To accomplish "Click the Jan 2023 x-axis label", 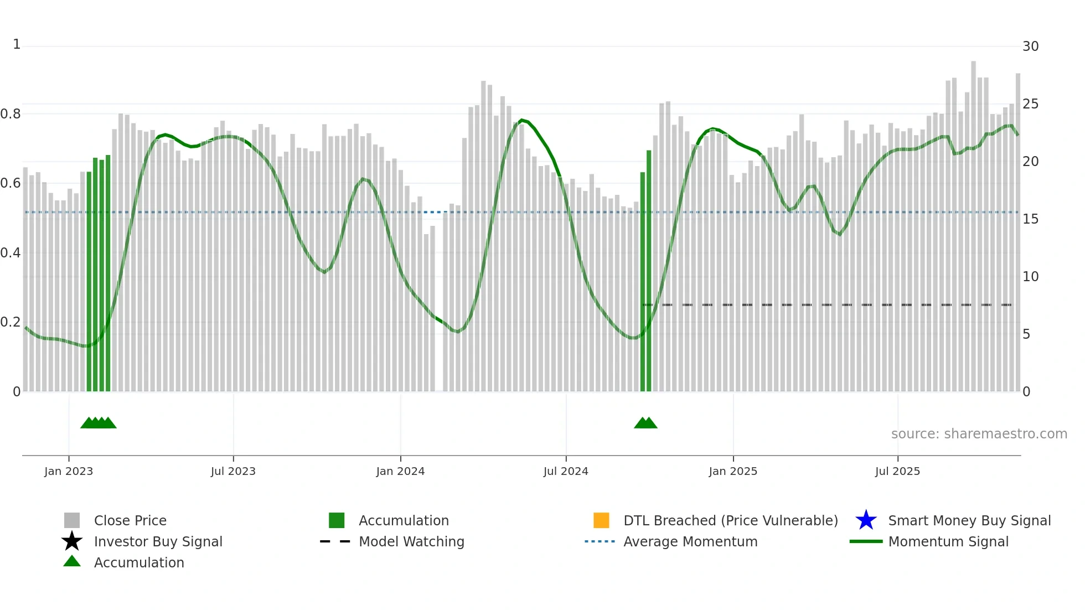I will [69, 471].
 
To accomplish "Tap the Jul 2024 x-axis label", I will [566, 471].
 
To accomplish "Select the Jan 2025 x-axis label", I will [733, 471].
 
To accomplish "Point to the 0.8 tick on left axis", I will [11, 114].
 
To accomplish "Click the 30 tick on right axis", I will [1030, 46].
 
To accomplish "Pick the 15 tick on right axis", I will [1030, 219].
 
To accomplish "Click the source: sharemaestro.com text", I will [979, 434].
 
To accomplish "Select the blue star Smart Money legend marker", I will [866, 520].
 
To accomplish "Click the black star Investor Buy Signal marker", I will [72, 541].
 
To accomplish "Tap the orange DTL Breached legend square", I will [601, 520].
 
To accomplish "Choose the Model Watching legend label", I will [411, 541].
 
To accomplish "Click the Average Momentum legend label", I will [690, 541].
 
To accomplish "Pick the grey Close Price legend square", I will [72, 520].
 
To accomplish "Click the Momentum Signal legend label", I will [948, 541].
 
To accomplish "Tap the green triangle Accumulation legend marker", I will [72, 561].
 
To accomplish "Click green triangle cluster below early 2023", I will [99, 423].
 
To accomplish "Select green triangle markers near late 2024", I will [645, 423].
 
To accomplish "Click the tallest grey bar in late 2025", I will [973, 221].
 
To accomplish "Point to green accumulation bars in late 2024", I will [646, 277].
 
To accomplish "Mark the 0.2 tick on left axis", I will [11, 322].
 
